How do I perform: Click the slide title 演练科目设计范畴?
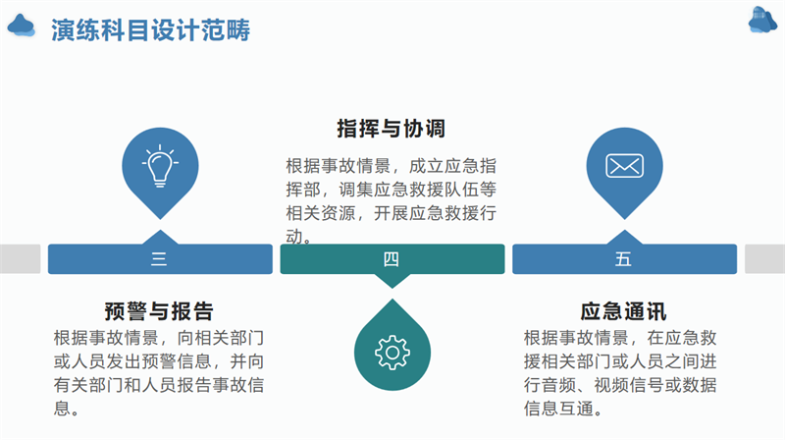(x=150, y=30)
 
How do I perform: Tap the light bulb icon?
(x=160, y=166)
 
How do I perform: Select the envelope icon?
(x=624, y=166)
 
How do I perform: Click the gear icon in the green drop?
(x=392, y=353)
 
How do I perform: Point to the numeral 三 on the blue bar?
(x=159, y=259)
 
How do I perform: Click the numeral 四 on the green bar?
(x=392, y=259)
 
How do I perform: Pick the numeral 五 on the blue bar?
(x=623, y=259)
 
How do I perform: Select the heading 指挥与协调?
(x=391, y=129)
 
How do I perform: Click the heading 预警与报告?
(x=159, y=311)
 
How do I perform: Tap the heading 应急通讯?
(x=623, y=311)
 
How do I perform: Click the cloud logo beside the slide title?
(x=21, y=26)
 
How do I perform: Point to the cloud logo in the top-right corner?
(x=763, y=20)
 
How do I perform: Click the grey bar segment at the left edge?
(x=20, y=259)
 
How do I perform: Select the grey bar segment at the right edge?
(x=765, y=259)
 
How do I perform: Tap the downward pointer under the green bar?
(x=392, y=281)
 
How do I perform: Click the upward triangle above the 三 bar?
(x=160, y=238)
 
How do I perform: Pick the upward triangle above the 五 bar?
(x=624, y=238)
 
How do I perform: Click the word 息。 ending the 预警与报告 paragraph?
(x=67, y=409)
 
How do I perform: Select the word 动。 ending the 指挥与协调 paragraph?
(x=299, y=237)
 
